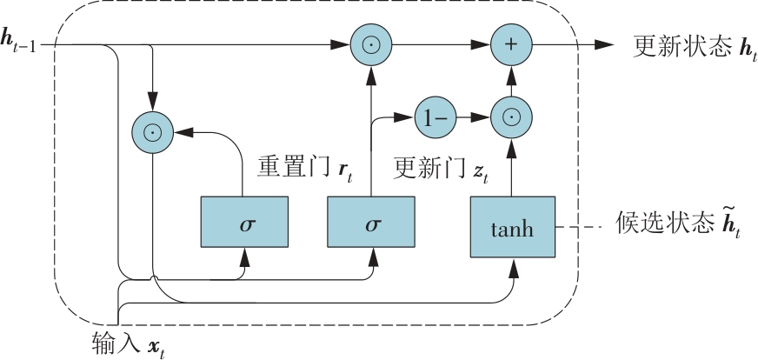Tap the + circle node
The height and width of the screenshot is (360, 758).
512,43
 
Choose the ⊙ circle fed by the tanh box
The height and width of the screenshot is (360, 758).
512,117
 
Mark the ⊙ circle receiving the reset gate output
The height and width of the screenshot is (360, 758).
152,133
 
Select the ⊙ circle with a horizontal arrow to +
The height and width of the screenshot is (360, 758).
371,43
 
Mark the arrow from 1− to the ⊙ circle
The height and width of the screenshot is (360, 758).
475,117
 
